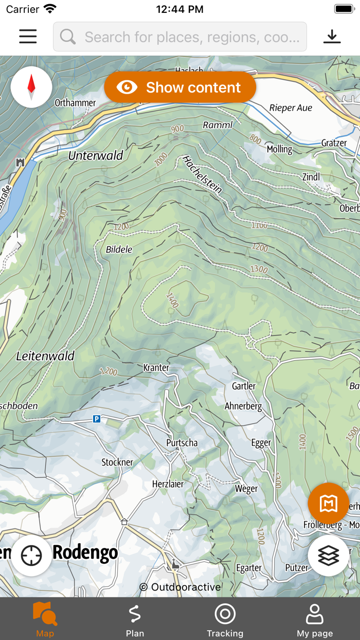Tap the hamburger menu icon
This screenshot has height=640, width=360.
point(28,37)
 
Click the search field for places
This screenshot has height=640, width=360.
point(180,37)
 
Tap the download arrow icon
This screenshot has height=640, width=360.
point(332,37)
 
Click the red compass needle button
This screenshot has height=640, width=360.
point(31,87)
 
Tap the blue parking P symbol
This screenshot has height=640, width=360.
point(96,419)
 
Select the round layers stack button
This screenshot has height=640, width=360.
point(328,555)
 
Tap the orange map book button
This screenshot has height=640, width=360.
point(328,504)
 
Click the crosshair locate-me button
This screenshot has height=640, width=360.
point(31,556)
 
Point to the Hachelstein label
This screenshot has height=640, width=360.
point(202,174)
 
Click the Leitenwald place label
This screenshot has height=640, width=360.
point(45,355)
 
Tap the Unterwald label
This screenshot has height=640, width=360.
point(96,155)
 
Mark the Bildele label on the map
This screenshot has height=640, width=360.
point(119,250)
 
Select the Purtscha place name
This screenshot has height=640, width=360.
point(182,442)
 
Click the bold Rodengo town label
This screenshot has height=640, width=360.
point(85,553)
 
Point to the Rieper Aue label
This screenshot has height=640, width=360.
point(291,108)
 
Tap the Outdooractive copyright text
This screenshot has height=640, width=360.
point(180,587)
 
